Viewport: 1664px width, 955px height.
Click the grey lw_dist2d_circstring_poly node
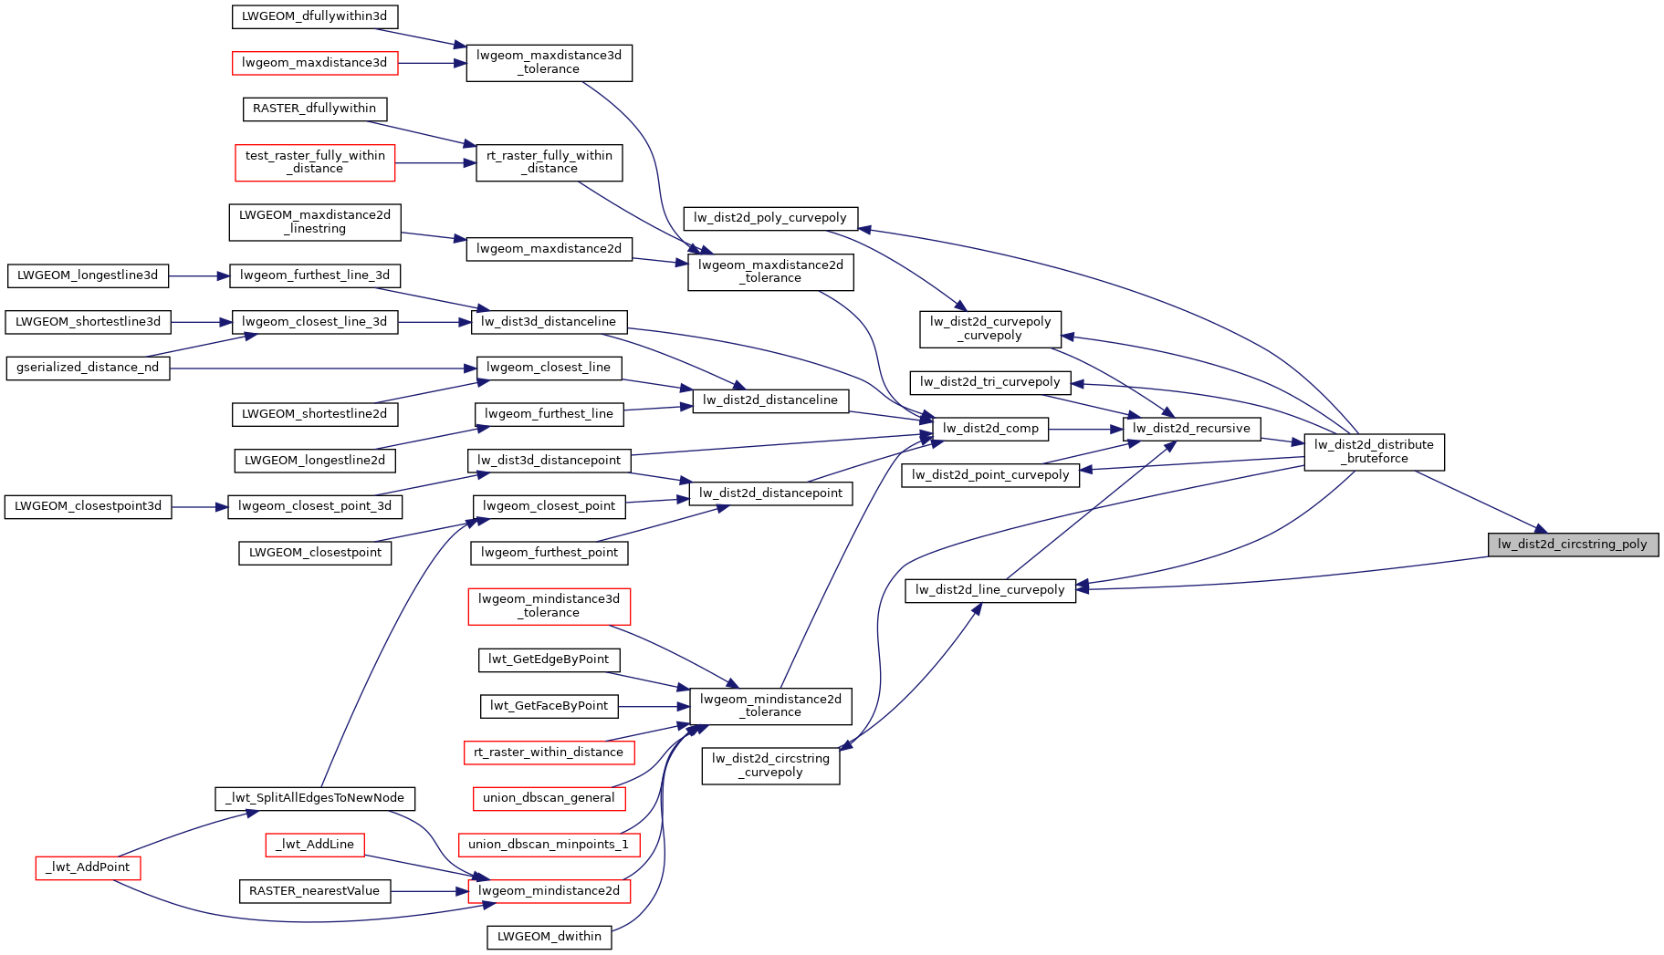tap(1572, 545)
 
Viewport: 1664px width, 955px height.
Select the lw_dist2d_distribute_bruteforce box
tap(1374, 452)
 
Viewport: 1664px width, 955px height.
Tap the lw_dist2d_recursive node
tap(1191, 429)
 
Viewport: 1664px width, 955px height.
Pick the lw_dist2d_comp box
tap(990, 429)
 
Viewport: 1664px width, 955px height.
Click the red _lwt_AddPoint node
tap(89, 867)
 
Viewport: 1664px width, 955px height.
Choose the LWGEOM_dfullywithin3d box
tap(314, 16)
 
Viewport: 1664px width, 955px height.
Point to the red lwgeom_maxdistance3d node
tap(314, 63)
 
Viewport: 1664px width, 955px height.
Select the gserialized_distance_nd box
tap(88, 368)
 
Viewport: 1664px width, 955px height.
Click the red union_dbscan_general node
tap(549, 798)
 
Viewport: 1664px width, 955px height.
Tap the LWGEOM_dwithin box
tap(549, 937)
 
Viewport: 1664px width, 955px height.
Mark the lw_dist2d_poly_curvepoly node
tap(770, 218)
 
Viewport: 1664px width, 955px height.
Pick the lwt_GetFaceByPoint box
tap(549, 706)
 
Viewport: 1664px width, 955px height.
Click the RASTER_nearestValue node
tap(314, 891)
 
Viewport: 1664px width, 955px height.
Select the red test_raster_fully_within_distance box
tap(315, 162)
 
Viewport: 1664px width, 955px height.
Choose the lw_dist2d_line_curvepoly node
tap(989, 590)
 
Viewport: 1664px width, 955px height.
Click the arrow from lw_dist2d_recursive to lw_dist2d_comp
tap(1086, 429)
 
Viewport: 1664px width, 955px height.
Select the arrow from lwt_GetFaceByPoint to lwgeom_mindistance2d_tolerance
tap(653, 706)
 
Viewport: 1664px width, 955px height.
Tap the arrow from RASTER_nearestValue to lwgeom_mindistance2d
tap(429, 891)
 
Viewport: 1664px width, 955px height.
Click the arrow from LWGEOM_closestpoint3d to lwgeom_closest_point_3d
tap(200, 506)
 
